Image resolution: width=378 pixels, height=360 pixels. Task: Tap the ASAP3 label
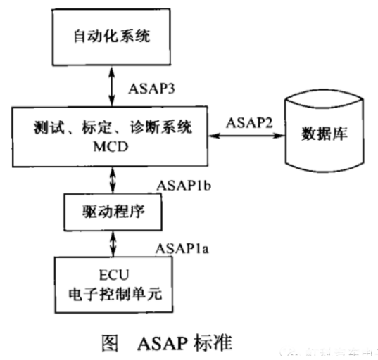[151, 90]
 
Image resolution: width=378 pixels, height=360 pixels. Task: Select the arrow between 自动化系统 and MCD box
[111, 89]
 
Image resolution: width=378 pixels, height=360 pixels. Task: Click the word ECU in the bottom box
[111, 275]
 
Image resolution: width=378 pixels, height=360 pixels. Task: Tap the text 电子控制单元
[111, 293]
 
